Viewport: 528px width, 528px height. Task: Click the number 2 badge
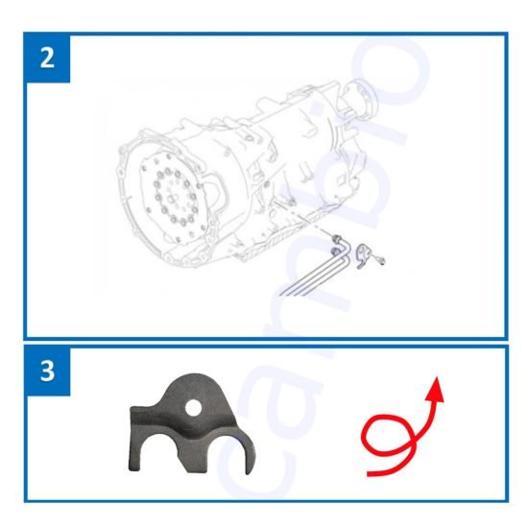(x=47, y=57)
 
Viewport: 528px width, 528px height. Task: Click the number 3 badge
(x=47, y=371)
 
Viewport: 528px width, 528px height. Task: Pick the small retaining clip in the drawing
(x=363, y=255)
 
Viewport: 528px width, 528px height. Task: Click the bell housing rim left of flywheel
(x=125, y=192)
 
